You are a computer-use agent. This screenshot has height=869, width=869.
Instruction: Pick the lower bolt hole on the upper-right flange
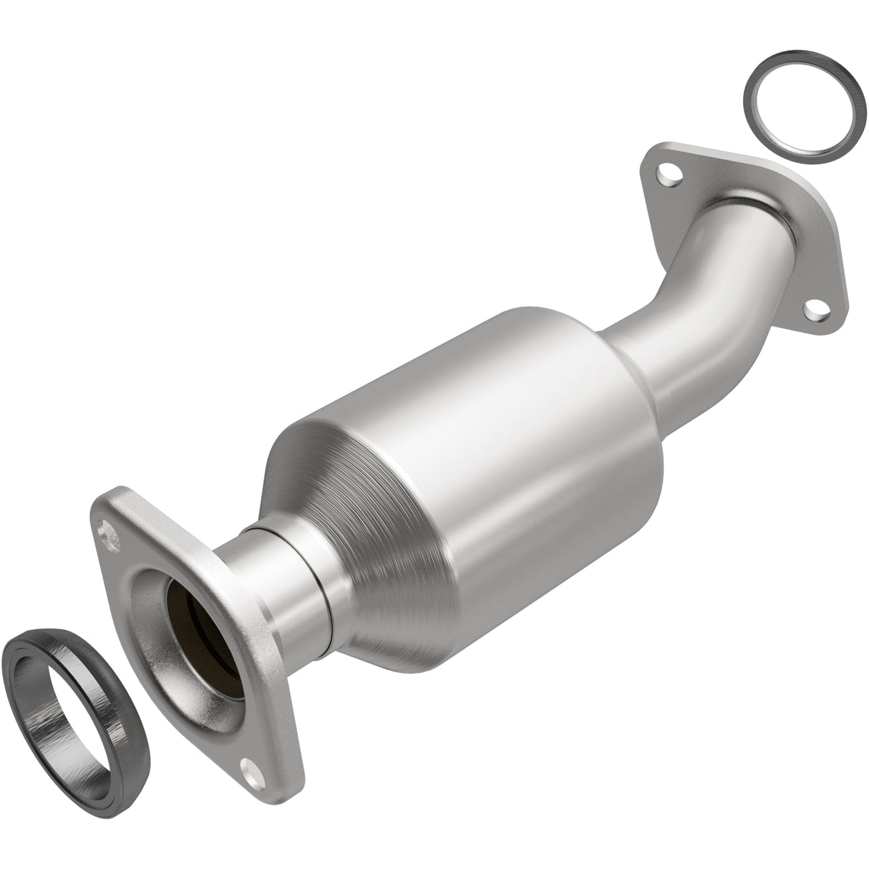[812, 309]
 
